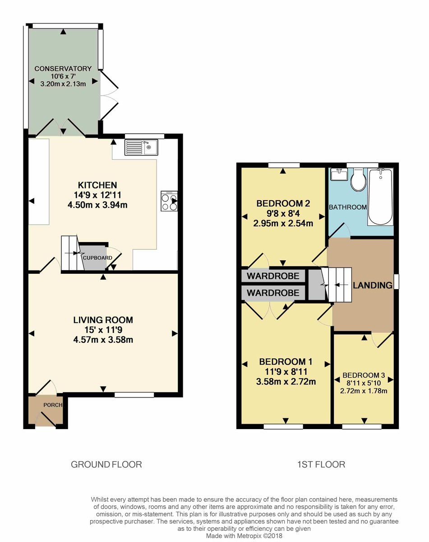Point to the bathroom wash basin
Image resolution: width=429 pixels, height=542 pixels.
[338, 174]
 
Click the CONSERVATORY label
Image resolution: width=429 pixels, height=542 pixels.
[63, 69]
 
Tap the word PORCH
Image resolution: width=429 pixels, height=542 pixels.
[52, 405]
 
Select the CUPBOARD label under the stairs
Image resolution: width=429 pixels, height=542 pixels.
[97, 257]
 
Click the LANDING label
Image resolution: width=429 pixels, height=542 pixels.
[372, 285]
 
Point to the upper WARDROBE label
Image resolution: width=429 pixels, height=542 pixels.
[273, 275]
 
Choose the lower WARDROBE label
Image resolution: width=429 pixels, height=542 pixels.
[273, 293]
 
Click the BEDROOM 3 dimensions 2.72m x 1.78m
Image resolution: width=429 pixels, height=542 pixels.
[364, 391]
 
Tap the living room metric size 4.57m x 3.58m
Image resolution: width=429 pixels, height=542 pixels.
[103, 340]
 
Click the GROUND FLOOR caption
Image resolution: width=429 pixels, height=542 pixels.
[106, 464]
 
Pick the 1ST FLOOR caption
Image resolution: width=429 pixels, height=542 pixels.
[321, 464]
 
